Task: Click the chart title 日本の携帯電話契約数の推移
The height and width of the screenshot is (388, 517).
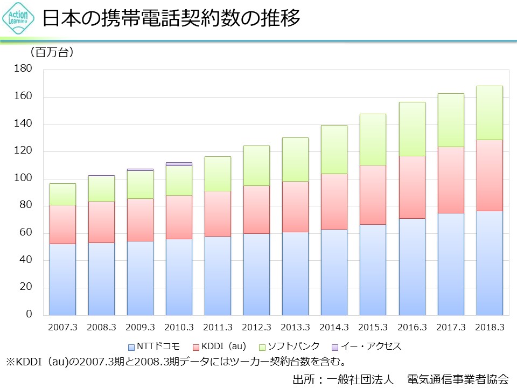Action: point(171,19)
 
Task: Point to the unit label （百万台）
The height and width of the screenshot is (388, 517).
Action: point(52,52)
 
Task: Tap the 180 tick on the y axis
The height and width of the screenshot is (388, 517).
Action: point(25,69)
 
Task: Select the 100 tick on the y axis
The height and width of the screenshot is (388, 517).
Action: point(25,178)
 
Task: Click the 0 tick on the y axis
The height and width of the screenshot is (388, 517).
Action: point(30,315)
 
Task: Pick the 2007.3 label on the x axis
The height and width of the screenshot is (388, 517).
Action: point(62,327)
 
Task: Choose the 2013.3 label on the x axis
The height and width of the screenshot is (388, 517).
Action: point(295,327)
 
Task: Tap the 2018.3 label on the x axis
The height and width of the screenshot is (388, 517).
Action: point(489,327)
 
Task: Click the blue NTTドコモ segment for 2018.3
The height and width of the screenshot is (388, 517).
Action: point(489,262)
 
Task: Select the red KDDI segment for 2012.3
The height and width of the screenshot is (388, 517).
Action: point(256,209)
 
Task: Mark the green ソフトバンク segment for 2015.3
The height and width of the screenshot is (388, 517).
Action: point(373,139)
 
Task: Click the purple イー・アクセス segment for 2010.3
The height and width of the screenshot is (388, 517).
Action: point(179,164)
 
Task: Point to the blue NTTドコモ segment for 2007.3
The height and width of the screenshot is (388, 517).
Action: point(62,279)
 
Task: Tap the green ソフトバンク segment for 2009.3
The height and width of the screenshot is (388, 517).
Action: point(140,184)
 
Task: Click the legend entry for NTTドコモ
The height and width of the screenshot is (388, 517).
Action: point(154,346)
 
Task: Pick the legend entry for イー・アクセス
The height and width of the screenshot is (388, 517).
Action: point(367,346)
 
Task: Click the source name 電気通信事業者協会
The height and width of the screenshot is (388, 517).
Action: point(458,378)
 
